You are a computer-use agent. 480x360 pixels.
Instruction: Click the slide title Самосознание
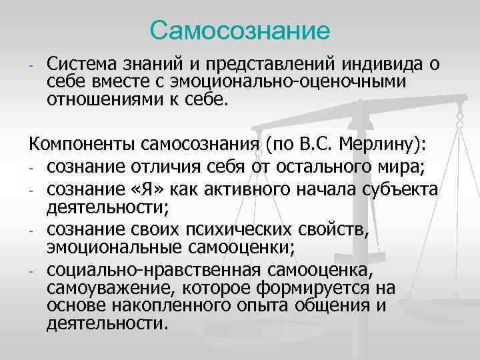[x=240, y=30]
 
